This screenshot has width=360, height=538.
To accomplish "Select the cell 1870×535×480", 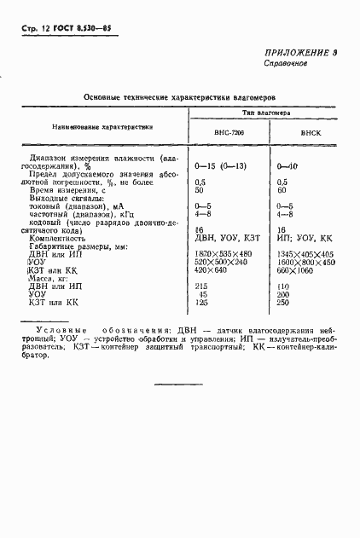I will coord(224,255).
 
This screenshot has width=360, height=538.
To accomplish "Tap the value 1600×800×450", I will coord(306,263).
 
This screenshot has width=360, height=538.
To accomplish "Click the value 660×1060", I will coord(293,270).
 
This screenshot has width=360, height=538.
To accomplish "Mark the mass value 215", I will coord(201,286).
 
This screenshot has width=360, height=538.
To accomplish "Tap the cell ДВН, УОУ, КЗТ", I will coord(226,239).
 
